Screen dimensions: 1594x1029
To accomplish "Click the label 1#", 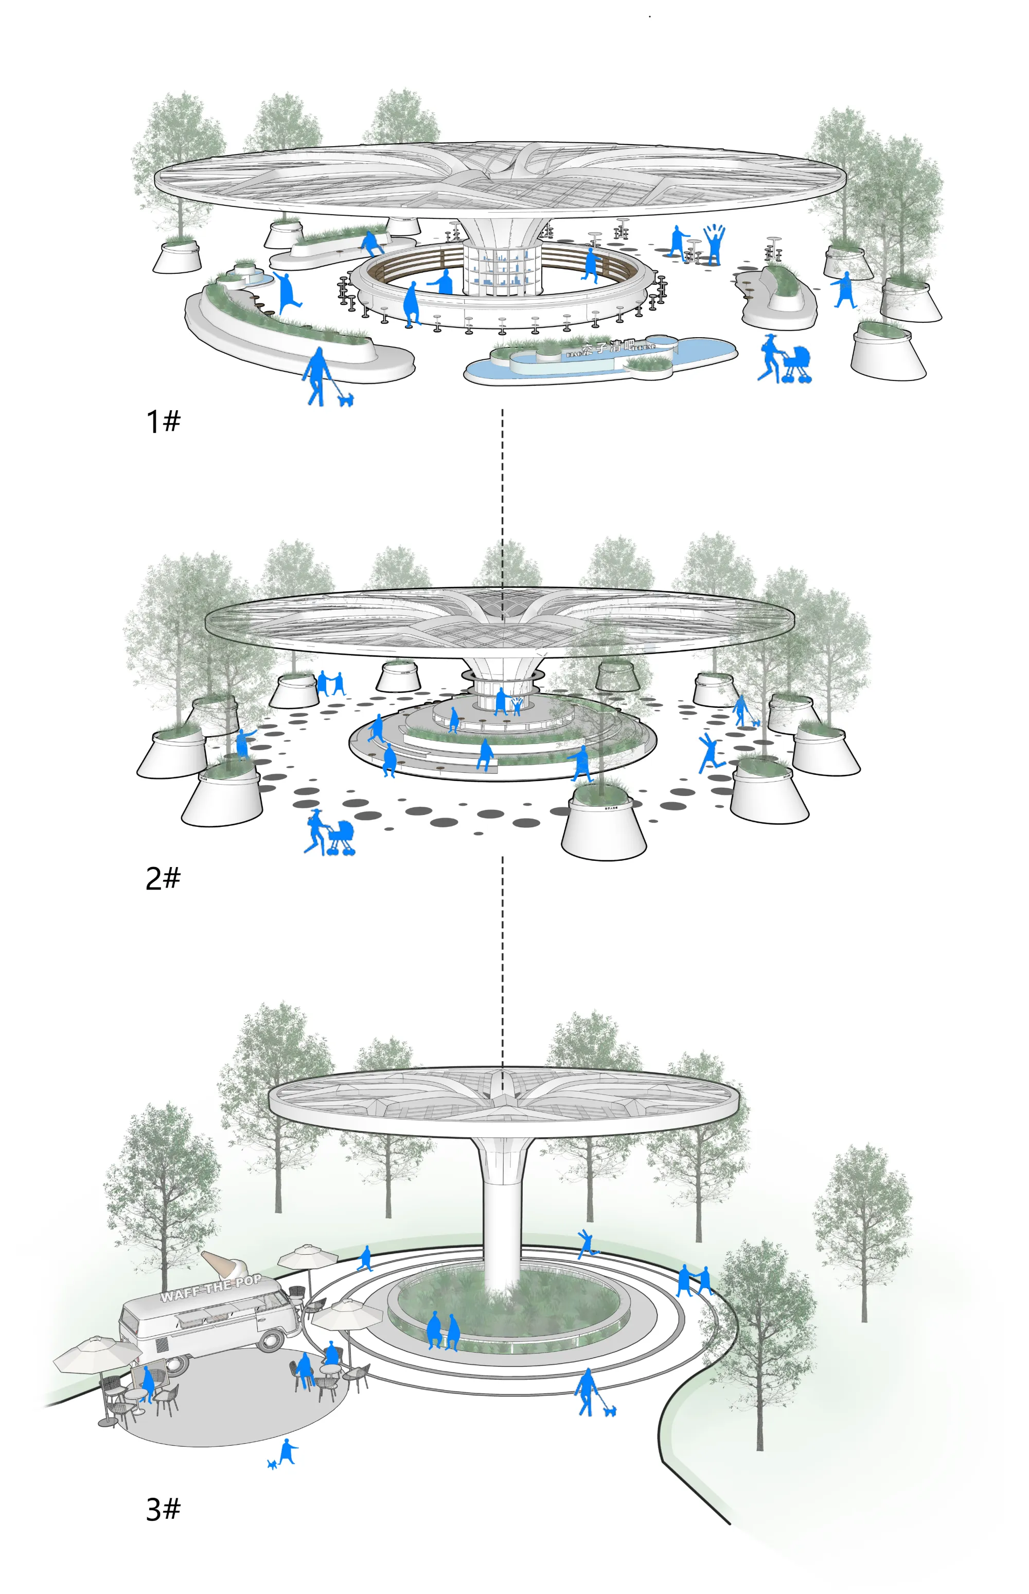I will (x=163, y=422).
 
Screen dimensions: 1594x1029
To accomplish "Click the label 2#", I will (x=163, y=878).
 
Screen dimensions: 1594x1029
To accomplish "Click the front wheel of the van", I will (x=271, y=1339).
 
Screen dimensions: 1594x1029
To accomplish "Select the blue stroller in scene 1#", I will (x=796, y=365).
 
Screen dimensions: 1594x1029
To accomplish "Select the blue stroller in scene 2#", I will (x=341, y=838).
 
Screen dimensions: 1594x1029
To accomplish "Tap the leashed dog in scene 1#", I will (x=345, y=400).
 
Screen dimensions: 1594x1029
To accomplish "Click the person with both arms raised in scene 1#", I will (x=714, y=245).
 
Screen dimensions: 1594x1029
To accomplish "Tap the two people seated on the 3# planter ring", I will (x=442, y=1330).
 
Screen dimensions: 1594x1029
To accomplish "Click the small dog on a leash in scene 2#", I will (x=756, y=722).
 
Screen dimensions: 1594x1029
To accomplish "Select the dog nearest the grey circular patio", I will (x=273, y=1464).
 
